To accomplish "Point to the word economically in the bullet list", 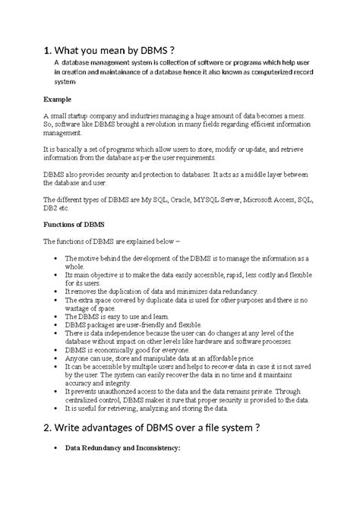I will (116, 350).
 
